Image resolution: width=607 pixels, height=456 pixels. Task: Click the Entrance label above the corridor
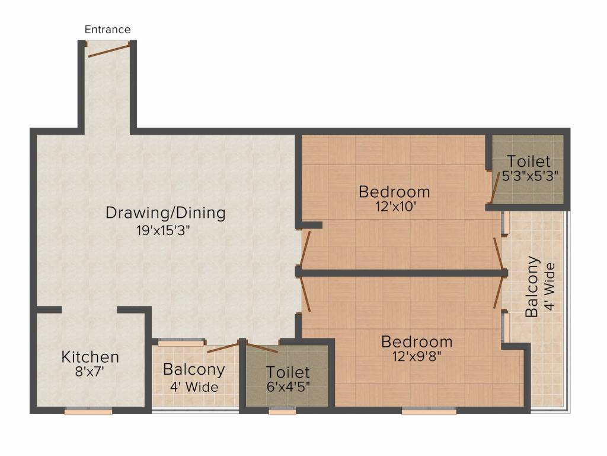click(108, 30)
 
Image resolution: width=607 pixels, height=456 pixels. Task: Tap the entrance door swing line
click(109, 51)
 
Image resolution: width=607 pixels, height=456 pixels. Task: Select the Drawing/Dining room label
click(165, 213)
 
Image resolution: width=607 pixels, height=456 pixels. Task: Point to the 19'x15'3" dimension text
click(163, 231)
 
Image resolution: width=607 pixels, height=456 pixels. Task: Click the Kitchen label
click(90, 357)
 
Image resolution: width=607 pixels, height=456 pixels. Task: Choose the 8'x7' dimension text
click(90, 372)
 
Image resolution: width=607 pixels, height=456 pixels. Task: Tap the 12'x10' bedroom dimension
click(395, 206)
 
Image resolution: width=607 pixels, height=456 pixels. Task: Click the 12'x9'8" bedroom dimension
click(417, 356)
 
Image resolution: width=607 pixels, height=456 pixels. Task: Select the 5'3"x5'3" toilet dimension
click(530, 176)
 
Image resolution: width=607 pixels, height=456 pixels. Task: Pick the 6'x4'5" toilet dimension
click(288, 386)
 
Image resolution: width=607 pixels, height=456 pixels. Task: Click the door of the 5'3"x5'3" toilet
click(495, 188)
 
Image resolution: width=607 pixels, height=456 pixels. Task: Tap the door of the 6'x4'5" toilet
click(262, 348)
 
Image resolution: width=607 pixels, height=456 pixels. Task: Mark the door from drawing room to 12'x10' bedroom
click(305, 249)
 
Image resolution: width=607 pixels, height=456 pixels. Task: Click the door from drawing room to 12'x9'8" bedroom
click(306, 294)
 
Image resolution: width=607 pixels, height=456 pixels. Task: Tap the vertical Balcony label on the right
click(532, 287)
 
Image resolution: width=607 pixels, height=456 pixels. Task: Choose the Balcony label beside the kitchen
click(194, 369)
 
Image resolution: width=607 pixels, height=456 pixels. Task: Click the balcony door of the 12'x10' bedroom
click(498, 253)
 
